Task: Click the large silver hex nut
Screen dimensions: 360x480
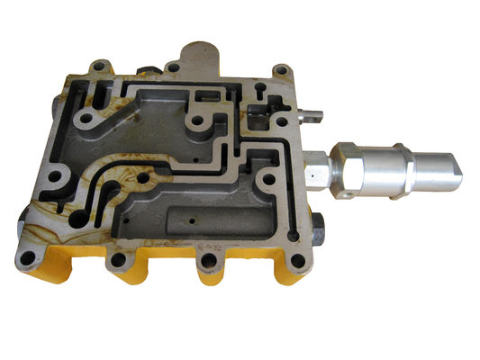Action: pyautogui.click(x=349, y=168)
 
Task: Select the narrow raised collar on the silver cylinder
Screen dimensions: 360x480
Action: pyautogui.click(x=406, y=167)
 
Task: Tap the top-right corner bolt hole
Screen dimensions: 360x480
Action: pyautogui.click(x=281, y=70)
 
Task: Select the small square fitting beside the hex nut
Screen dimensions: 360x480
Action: pyautogui.click(x=316, y=171)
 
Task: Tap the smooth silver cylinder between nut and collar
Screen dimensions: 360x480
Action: pyautogui.click(x=383, y=168)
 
